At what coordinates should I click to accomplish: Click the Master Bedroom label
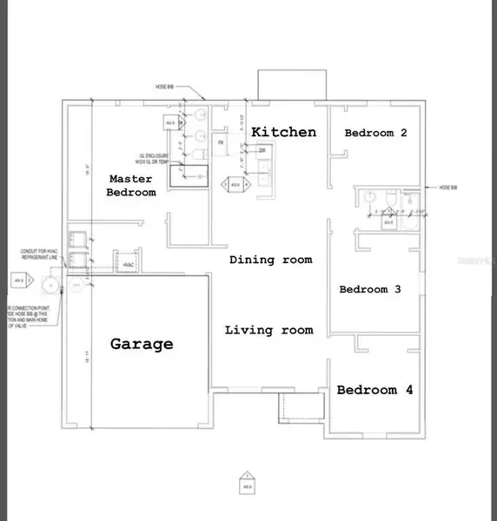click(x=132, y=185)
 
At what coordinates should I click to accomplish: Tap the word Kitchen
click(x=284, y=132)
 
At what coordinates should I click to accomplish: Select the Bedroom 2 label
click(x=376, y=133)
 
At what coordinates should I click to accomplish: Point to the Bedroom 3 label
click(x=369, y=289)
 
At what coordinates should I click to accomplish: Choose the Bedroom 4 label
click(x=374, y=390)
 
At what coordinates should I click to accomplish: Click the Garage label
click(x=142, y=344)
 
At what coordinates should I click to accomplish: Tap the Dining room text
click(x=270, y=260)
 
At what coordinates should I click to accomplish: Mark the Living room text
click(x=268, y=330)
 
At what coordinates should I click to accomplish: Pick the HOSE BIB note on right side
click(x=447, y=188)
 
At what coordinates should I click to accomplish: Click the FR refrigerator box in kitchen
click(x=222, y=142)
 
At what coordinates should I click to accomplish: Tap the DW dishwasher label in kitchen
click(x=262, y=150)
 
